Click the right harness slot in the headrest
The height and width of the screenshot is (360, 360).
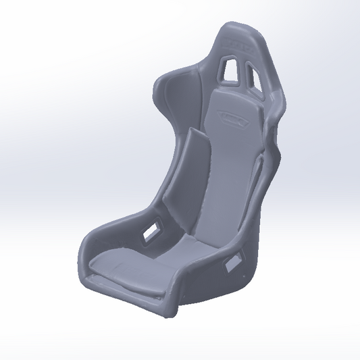[253, 73]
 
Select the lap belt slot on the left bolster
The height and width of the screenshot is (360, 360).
[152, 230]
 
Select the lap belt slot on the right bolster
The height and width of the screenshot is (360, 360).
[233, 263]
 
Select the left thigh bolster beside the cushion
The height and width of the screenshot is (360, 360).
[111, 236]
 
